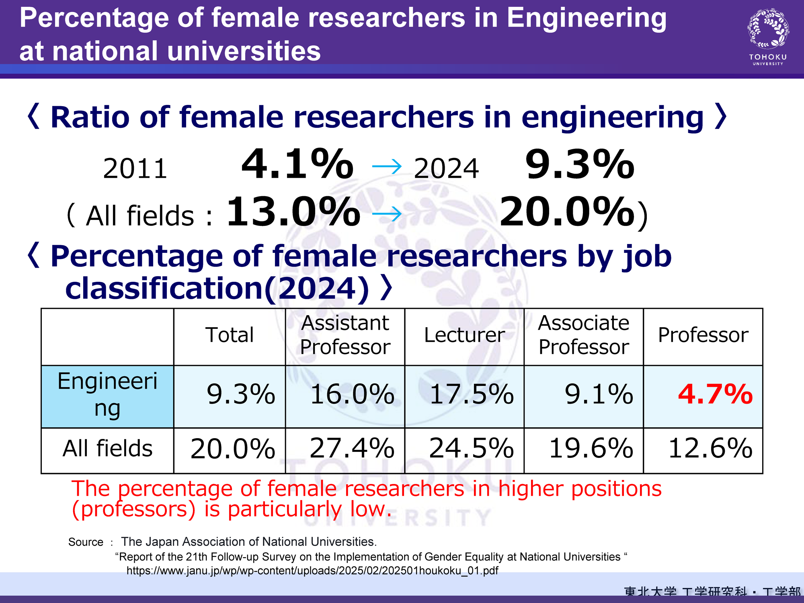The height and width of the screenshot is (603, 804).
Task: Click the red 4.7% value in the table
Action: [715, 394]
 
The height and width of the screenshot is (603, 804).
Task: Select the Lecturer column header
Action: [464, 335]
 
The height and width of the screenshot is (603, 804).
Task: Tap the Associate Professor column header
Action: [584, 335]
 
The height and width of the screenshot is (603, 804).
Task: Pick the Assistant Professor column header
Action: [345, 335]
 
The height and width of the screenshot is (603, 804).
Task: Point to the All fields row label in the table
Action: [107, 449]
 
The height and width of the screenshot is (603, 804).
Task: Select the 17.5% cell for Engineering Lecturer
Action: [471, 394]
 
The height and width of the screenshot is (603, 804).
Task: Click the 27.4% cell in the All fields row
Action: [352, 449]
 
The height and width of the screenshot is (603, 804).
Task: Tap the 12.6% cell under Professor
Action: [710, 449]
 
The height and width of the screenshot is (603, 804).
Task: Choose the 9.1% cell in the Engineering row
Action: [599, 394]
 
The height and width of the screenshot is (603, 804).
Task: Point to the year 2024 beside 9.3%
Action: [446, 169]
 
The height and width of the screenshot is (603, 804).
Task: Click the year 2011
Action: [135, 169]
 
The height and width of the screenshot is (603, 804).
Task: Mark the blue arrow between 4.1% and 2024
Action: [387, 166]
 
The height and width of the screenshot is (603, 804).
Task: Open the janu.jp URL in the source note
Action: [312, 571]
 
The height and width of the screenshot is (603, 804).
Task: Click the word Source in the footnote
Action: [86, 542]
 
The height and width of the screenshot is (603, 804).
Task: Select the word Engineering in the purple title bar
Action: [586, 18]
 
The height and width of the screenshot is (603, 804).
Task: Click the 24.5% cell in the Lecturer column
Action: [471, 449]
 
